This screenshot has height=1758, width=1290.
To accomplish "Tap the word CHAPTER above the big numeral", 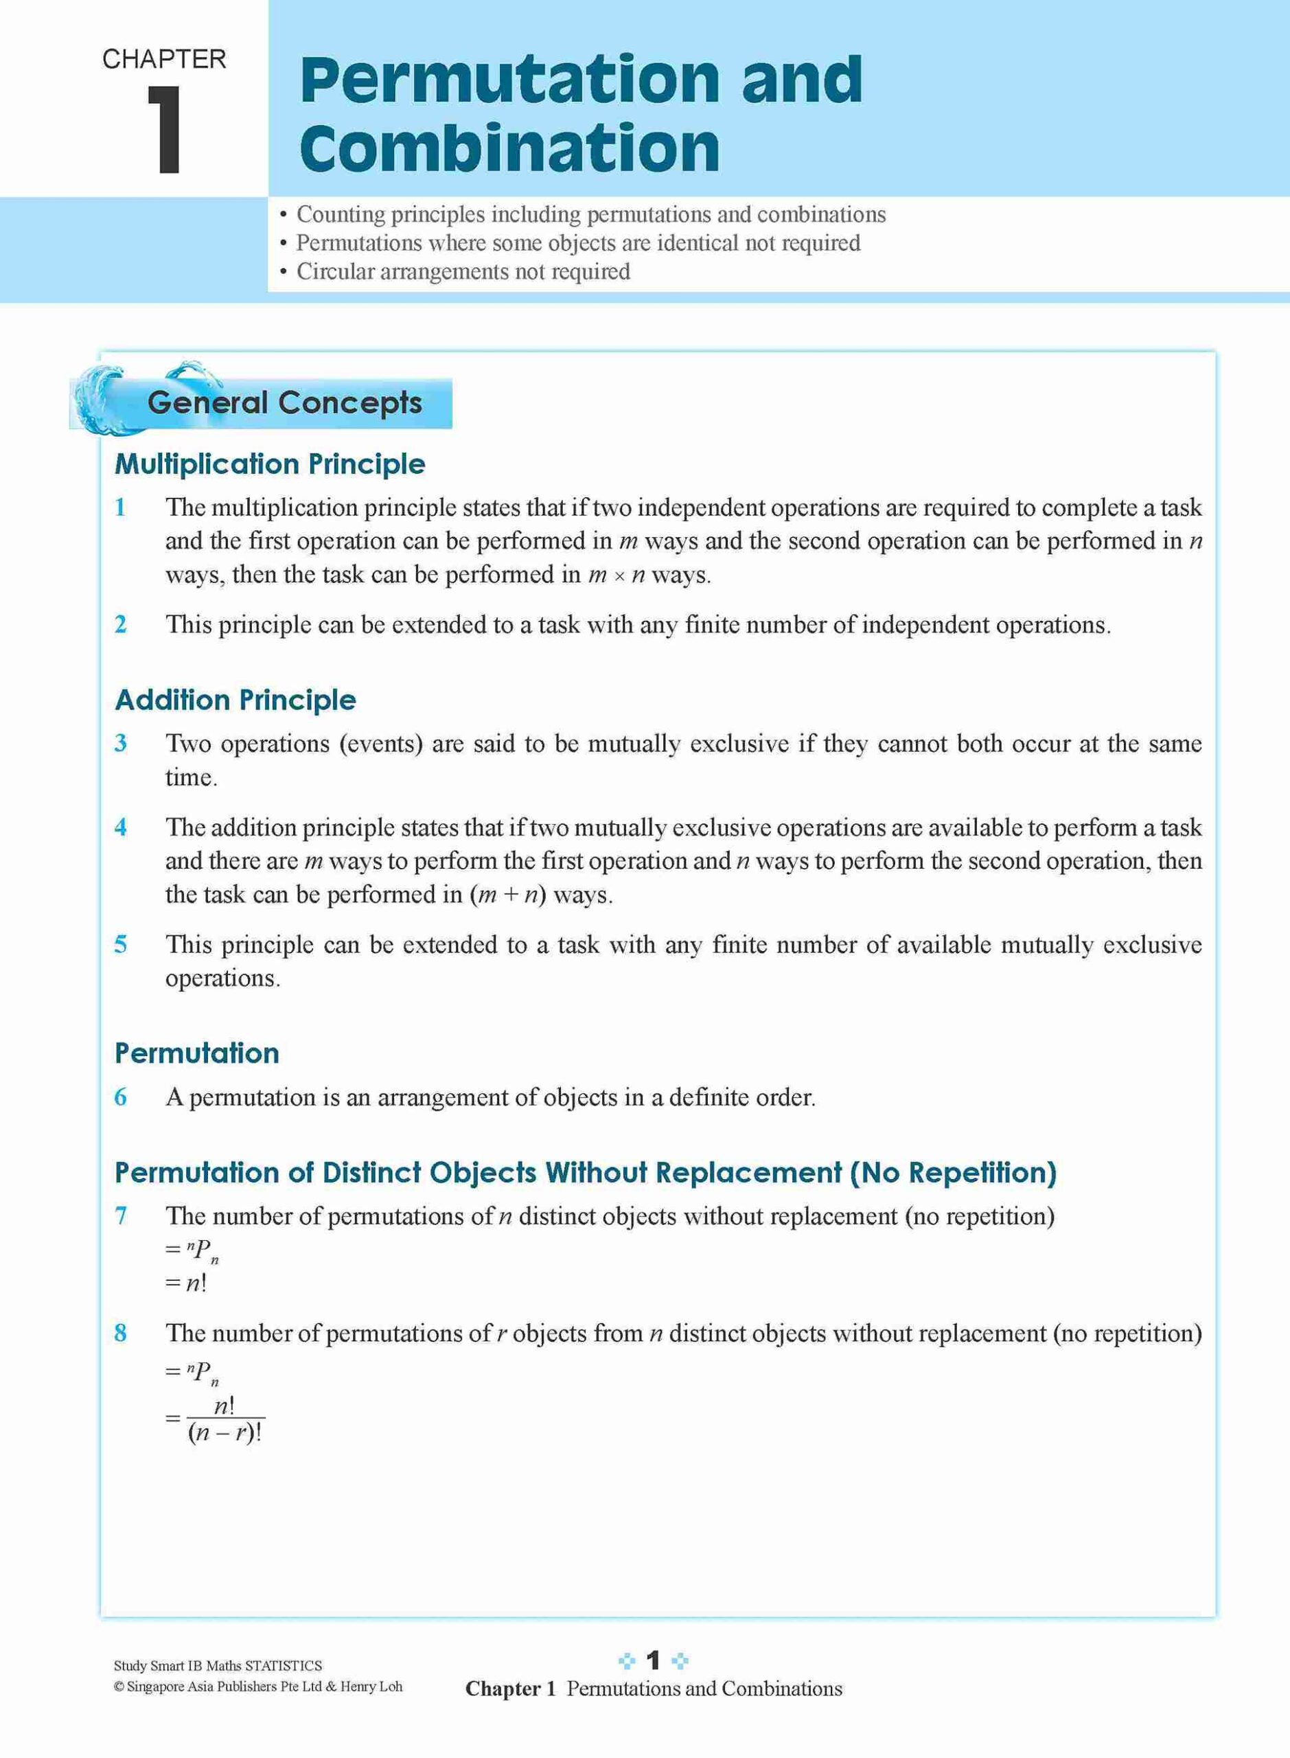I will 164,59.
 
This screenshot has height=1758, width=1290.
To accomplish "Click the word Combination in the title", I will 509,148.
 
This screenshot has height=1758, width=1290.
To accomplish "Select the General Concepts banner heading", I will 284,403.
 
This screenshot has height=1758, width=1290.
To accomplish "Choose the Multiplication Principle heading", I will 269,464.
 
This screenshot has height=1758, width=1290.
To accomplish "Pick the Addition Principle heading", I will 235,700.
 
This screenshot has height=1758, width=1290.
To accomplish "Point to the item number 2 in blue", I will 121,625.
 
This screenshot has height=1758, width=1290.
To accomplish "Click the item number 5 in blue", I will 121,944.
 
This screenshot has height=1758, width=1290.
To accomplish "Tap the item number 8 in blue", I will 121,1332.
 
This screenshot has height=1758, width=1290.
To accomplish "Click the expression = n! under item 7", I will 186,1283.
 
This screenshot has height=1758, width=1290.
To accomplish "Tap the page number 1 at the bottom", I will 654,1660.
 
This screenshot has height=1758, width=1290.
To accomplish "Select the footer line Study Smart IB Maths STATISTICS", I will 218,1665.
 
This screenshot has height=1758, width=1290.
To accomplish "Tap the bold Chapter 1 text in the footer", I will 510,1689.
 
